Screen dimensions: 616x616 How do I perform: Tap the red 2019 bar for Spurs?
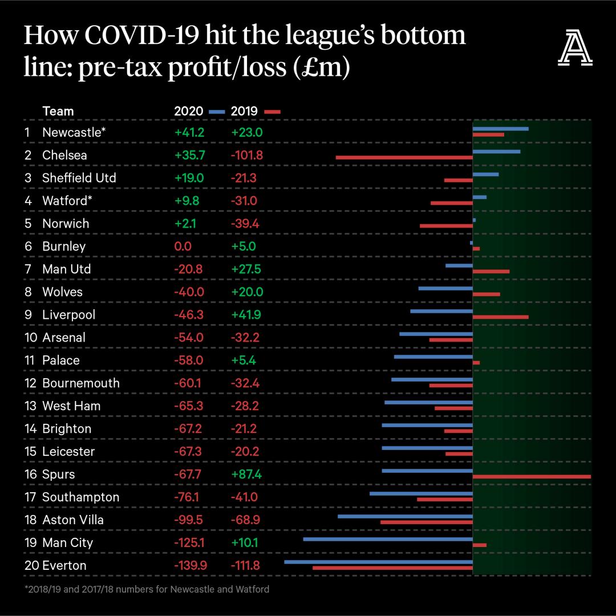click(532, 476)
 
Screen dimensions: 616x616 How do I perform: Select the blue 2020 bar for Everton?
click(378, 562)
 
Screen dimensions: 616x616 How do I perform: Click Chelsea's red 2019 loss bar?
click(404, 157)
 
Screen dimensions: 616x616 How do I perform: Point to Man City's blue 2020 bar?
click(388, 539)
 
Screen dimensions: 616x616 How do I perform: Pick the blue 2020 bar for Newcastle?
click(500, 129)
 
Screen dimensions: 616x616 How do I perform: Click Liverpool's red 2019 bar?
click(500, 317)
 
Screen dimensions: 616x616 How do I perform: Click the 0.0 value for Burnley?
click(183, 246)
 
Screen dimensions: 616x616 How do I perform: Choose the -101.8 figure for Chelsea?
click(247, 155)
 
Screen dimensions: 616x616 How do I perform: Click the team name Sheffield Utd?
click(79, 177)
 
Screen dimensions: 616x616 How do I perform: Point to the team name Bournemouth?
click(81, 383)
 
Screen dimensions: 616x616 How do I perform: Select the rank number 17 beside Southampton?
click(30, 497)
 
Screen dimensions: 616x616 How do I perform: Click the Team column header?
click(58, 111)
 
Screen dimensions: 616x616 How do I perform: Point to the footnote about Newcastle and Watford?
click(147, 589)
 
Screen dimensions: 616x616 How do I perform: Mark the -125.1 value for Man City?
click(189, 542)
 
